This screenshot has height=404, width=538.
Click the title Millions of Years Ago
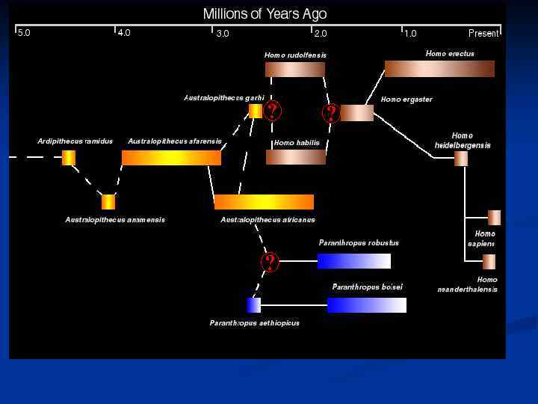click(x=265, y=14)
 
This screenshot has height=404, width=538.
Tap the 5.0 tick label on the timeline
click(x=24, y=33)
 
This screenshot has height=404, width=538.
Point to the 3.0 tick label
click(x=223, y=34)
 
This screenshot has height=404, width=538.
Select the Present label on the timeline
click(x=483, y=34)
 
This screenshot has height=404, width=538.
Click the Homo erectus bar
click(x=439, y=69)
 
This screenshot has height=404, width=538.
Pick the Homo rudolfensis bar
click(x=295, y=70)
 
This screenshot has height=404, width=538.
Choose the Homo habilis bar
click(x=296, y=157)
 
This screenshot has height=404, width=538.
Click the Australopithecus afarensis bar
click(x=171, y=158)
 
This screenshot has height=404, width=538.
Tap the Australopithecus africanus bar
click(x=264, y=202)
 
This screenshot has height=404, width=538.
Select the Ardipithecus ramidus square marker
click(x=69, y=158)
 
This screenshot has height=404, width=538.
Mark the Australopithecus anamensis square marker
click(x=108, y=202)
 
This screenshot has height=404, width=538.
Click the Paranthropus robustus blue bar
click(x=353, y=261)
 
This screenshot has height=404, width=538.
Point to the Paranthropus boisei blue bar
click(x=366, y=305)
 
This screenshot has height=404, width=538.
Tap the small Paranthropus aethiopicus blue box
click(x=254, y=305)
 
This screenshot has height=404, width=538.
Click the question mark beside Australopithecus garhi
click(x=273, y=111)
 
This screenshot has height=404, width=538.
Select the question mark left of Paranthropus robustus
click(x=270, y=262)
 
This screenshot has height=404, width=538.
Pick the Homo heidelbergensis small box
click(x=461, y=159)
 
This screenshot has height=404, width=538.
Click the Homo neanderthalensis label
click(x=468, y=284)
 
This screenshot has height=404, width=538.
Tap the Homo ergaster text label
click(x=406, y=100)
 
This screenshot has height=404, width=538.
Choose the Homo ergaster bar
click(x=357, y=113)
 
